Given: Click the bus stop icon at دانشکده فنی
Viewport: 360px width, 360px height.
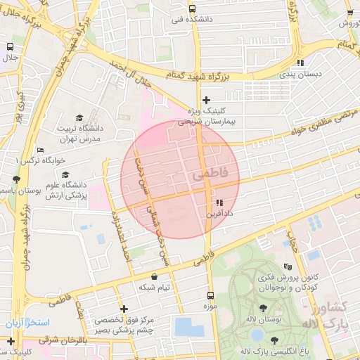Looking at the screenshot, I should point(193,9).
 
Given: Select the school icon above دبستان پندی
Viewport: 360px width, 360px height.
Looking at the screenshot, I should point(300,62).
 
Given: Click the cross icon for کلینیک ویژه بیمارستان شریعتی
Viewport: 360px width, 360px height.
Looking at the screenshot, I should point(206,100).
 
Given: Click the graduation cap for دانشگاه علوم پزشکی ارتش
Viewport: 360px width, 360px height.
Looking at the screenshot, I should point(64,175).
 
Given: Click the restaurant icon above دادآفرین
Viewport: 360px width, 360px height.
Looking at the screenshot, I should point(219,202).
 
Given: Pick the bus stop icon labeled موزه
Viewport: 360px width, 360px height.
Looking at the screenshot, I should point(210,296).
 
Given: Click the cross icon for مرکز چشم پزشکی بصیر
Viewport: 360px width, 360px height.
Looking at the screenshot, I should point(124,309).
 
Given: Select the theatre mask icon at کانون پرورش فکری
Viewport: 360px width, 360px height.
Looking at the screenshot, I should point(287,266).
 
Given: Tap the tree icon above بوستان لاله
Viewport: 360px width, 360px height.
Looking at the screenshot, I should point(263,308).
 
